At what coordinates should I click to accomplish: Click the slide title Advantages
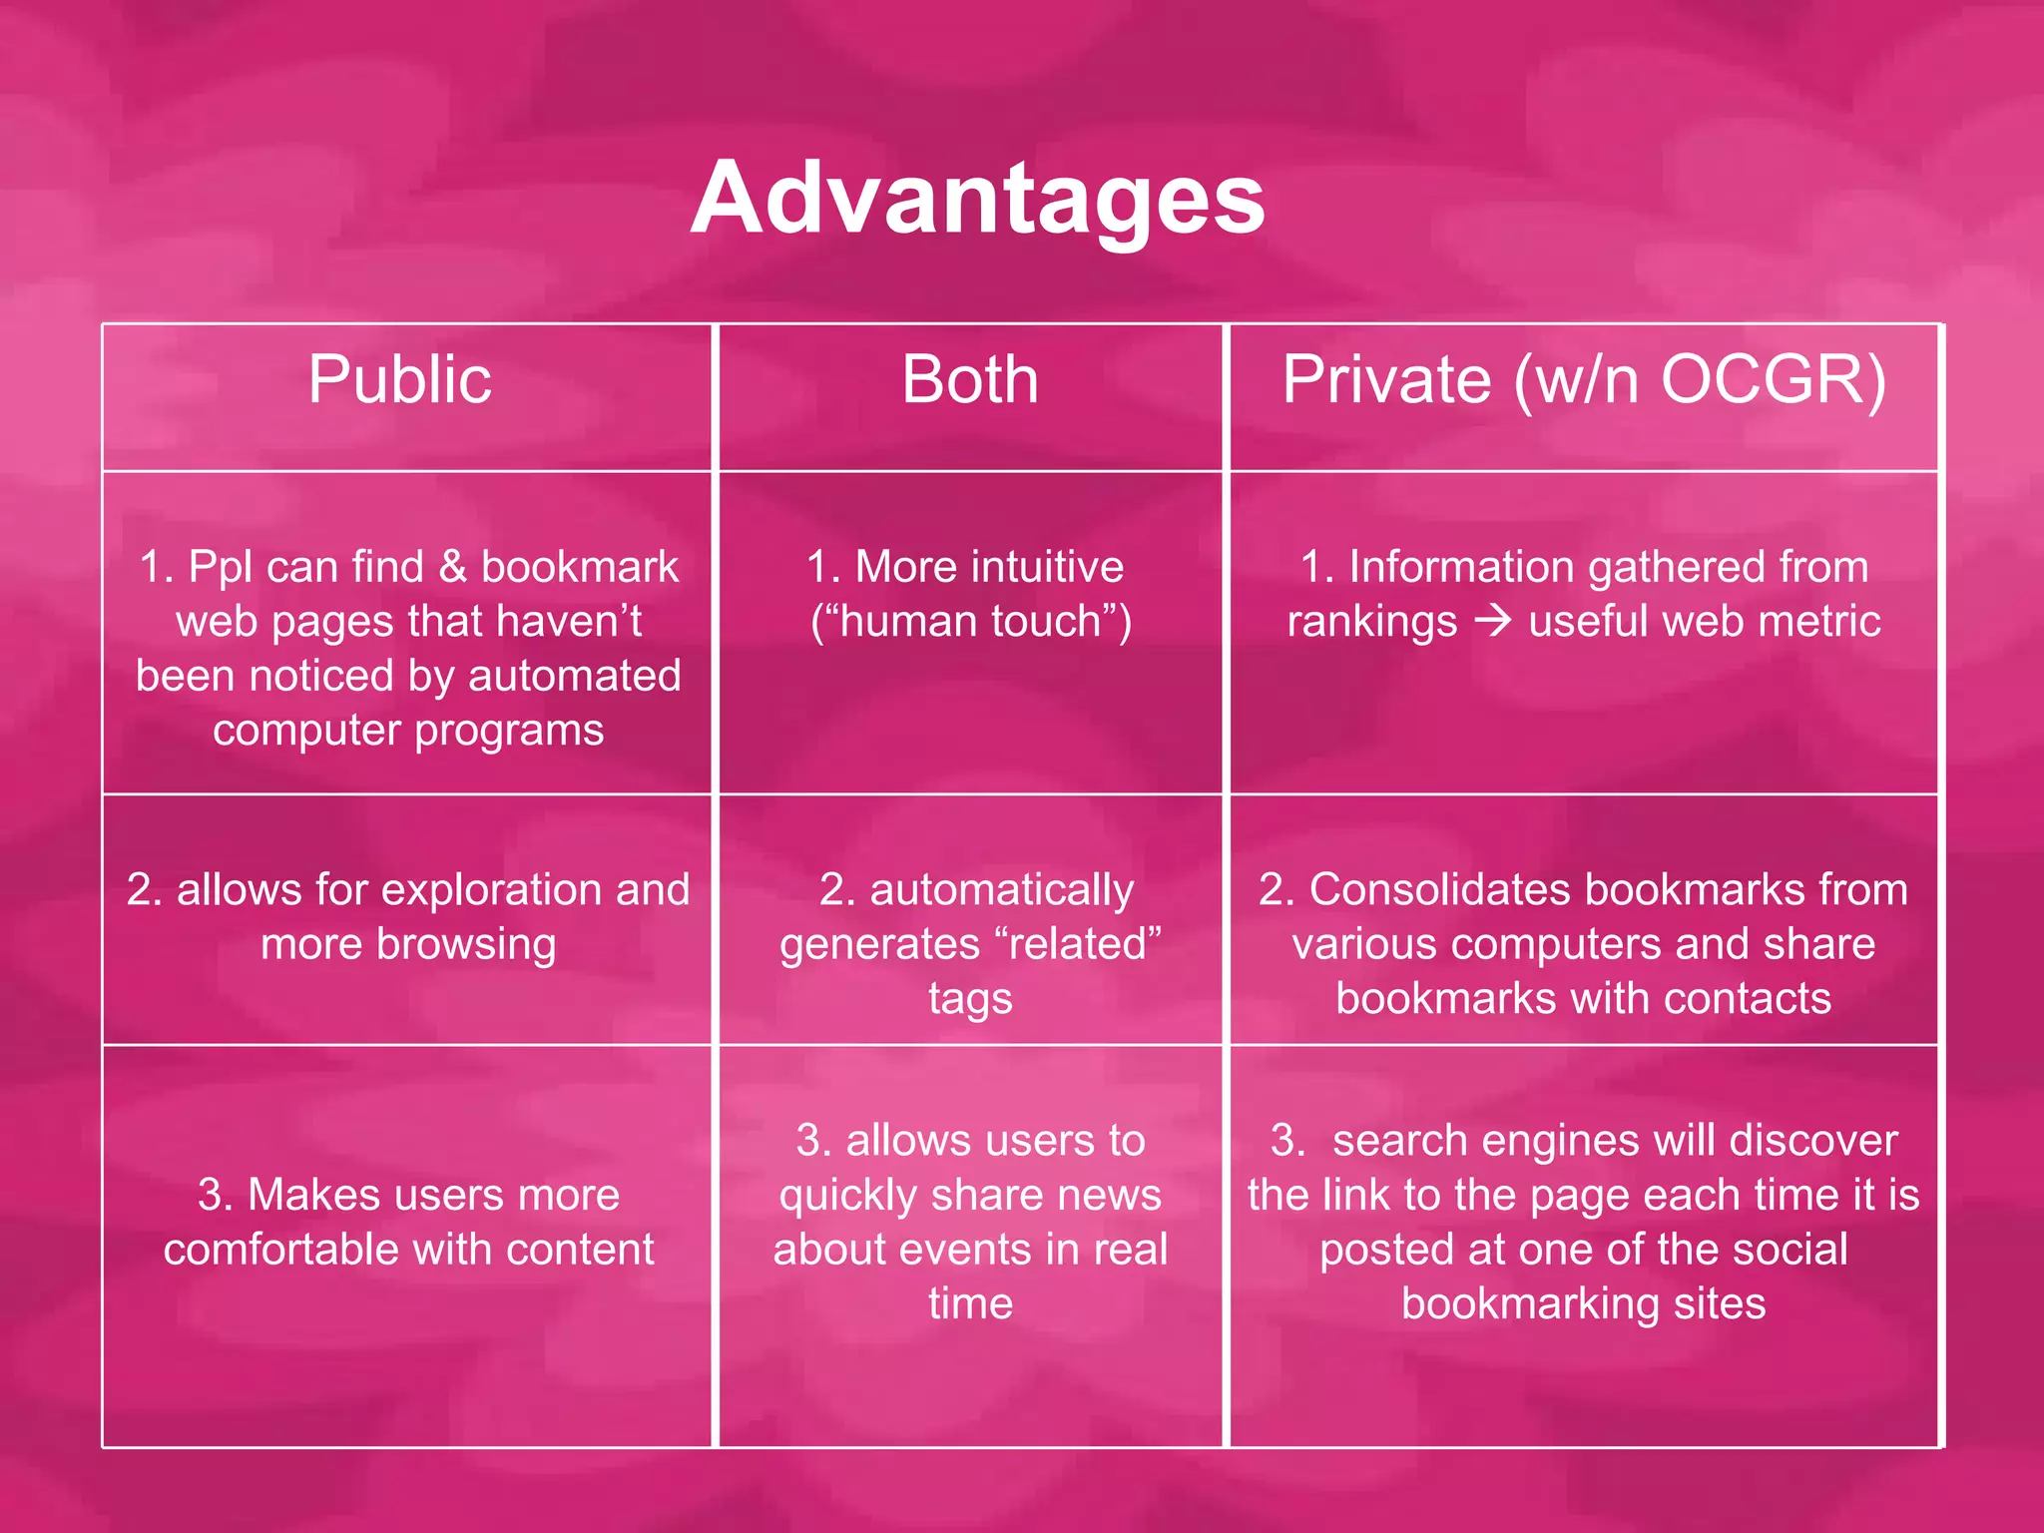pyautogui.click(x=977, y=199)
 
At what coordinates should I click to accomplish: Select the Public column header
pyautogui.click(x=399, y=379)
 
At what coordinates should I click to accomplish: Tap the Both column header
pyautogui.click(x=970, y=379)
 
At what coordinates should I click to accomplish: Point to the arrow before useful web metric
pyautogui.click(x=1493, y=621)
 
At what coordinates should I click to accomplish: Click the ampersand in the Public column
pyautogui.click(x=453, y=567)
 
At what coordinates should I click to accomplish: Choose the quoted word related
pyautogui.click(x=1079, y=944)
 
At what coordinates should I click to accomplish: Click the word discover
pyautogui.click(x=1813, y=1141)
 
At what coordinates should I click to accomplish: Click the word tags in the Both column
pyautogui.click(x=970, y=998)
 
